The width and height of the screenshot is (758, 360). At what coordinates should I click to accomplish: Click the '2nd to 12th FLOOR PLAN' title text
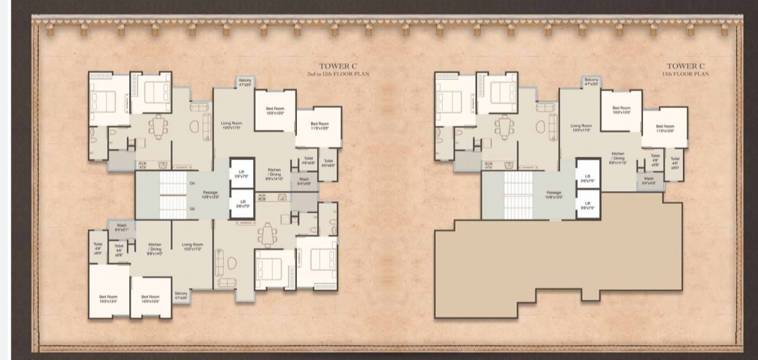click(x=338, y=74)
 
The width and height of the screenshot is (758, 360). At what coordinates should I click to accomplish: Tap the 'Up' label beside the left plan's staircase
click(x=192, y=209)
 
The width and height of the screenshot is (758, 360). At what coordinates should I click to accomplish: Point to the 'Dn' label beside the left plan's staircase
click(x=192, y=183)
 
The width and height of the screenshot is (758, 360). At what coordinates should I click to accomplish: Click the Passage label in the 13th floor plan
click(x=554, y=194)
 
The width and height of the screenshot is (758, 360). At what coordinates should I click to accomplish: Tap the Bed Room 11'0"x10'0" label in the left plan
click(x=319, y=126)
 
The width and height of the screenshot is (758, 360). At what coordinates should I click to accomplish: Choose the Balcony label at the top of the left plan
click(x=245, y=82)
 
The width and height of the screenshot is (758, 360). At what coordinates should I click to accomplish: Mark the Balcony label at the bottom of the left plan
click(x=181, y=295)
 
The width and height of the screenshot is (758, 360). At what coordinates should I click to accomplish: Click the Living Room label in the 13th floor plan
click(x=581, y=128)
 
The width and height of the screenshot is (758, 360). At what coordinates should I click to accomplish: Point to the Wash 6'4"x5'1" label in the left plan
click(x=121, y=227)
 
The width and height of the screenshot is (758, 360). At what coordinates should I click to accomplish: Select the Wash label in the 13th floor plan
click(x=649, y=181)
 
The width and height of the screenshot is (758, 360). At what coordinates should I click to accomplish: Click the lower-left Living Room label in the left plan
click(x=192, y=246)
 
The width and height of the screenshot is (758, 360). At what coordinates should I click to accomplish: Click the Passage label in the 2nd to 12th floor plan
click(x=211, y=194)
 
